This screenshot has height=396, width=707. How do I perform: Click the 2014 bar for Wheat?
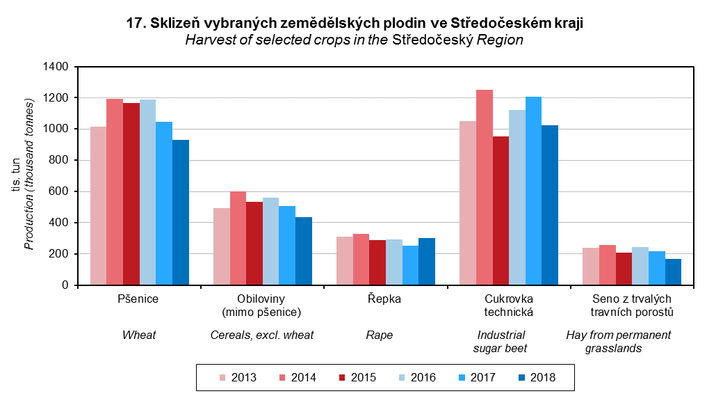[x=115, y=192]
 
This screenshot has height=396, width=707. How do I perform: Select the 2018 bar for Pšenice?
[x=181, y=212]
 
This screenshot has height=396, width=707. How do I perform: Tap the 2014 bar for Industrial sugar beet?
[x=485, y=187]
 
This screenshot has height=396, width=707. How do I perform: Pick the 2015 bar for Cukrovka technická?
[x=501, y=211]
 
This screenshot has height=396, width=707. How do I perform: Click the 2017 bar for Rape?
[x=410, y=265]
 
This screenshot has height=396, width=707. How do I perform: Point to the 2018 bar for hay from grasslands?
[x=673, y=272]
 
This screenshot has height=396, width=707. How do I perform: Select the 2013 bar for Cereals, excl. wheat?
[x=222, y=246]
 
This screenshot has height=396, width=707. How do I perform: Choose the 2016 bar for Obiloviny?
[x=270, y=241]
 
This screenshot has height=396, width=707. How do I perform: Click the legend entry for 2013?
[x=237, y=378]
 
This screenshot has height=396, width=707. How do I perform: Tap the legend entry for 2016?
[x=416, y=378]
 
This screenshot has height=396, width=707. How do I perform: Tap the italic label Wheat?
[x=139, y=335]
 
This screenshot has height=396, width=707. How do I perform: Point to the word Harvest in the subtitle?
[x=206, y=40]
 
